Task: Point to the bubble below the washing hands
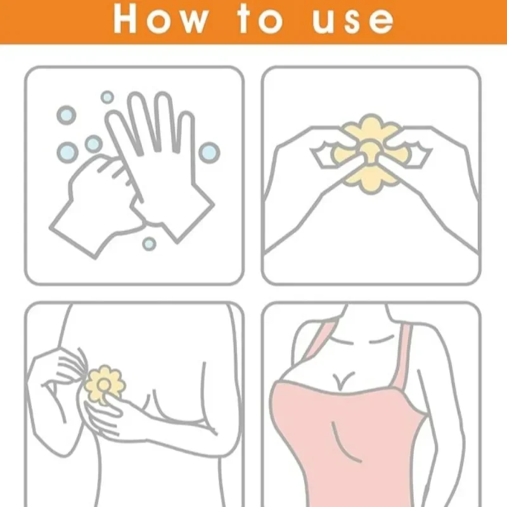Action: [149, 243]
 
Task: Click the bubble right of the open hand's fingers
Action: [209, 151]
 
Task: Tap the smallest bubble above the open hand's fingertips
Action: [108, 97]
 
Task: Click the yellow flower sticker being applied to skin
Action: [105, 384]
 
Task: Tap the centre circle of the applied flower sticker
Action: [103, 383]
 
